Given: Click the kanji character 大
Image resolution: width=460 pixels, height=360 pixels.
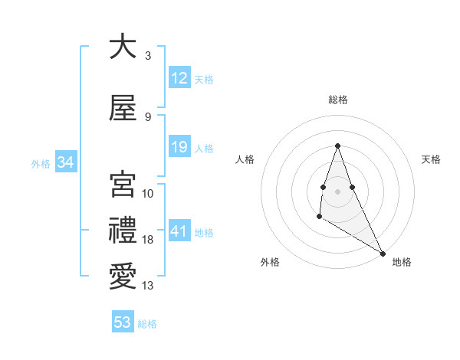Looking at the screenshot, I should [123, 48].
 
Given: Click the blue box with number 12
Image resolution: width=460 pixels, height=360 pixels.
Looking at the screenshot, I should [179, 78].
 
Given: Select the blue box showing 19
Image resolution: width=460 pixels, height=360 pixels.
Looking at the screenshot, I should [179, 147].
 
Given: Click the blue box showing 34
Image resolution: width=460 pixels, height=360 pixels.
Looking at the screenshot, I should [66, 162].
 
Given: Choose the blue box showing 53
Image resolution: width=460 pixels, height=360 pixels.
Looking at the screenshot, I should [123, 322].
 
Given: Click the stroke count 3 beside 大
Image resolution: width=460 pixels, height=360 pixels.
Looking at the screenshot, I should [147, 56].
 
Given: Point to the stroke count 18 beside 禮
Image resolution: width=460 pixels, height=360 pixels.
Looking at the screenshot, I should [148, 240].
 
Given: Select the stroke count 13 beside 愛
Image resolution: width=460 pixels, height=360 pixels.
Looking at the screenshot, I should [148, 286].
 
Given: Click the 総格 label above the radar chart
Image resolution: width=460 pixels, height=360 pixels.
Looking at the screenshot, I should [337, 100].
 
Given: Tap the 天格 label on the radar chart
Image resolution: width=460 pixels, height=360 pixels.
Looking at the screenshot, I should [431, 159].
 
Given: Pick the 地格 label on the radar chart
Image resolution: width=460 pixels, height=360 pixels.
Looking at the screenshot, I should [402, 262].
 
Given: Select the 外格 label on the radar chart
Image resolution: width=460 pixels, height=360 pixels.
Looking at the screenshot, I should [270, 262].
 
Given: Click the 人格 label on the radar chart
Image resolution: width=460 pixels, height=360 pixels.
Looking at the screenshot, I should [245, 159].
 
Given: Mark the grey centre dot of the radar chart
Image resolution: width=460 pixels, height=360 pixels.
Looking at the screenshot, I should [337, 191].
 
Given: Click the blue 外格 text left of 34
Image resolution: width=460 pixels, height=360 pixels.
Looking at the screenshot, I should [41, 163].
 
